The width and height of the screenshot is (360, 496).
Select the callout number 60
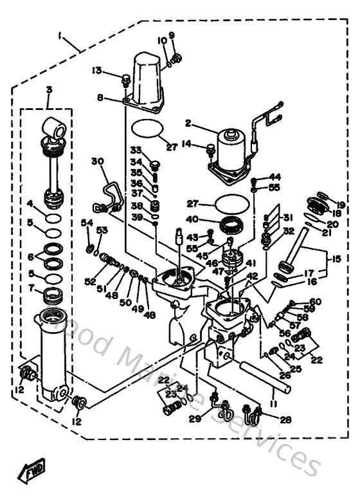point(314,301)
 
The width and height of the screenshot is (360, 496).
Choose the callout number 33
point(136,151)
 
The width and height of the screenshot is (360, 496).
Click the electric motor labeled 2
point(236,149)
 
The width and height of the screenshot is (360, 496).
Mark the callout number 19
point(341,206)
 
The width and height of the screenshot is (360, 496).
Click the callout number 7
point(30,288)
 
